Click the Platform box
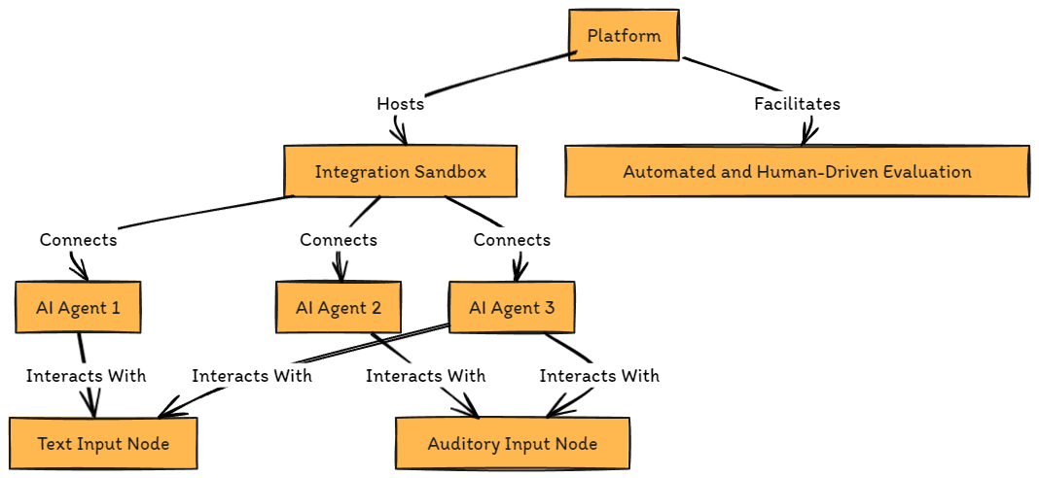click(x=624, y=36)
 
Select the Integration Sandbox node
click(x=400, y=172)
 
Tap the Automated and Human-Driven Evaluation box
click(x=797, y=172)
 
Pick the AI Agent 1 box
click(x=78, y=308)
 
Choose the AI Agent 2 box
click(x=339, y=308)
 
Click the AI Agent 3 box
click(x=512, y=308)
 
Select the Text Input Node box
click(x=103, y=444)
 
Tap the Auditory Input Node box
click(x=512, y=444)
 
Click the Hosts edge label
click(x=400, y=104)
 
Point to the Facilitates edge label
click(x=797, y=104)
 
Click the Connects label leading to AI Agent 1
click(x=78, y=240)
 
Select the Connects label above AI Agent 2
click(x=339, y=240)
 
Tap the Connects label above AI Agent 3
click(x=512, y=240)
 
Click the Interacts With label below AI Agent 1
click(x=86, y=376)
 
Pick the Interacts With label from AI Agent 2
click(x=425, y=376)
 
